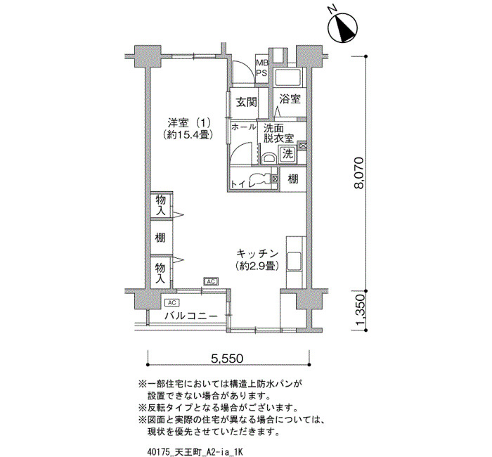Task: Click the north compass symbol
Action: tap(342, 27)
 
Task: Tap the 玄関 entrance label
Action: tap(246, 102)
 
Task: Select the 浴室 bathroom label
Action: tap(290, 99)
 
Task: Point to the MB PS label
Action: tap(261, 67)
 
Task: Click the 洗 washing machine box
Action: tap(287, 154)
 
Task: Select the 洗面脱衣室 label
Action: tap(278, 133)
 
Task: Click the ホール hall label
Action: tap(243, 127)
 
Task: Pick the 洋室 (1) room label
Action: tap(188, 129)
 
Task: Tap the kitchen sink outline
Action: tap(294, 261)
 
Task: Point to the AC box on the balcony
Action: tap(172, 302)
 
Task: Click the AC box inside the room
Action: tap(211, 281)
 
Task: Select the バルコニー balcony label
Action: tap(190, 316)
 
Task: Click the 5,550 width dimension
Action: tap(227, 358)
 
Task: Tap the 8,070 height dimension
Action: tap(358, 173)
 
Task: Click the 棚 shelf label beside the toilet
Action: tap(293, 179)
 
